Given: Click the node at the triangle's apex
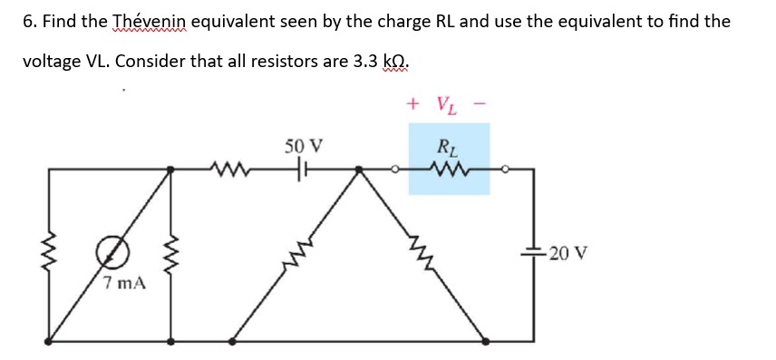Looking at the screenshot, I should point(360,169).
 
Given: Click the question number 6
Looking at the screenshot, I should point(28,21).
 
